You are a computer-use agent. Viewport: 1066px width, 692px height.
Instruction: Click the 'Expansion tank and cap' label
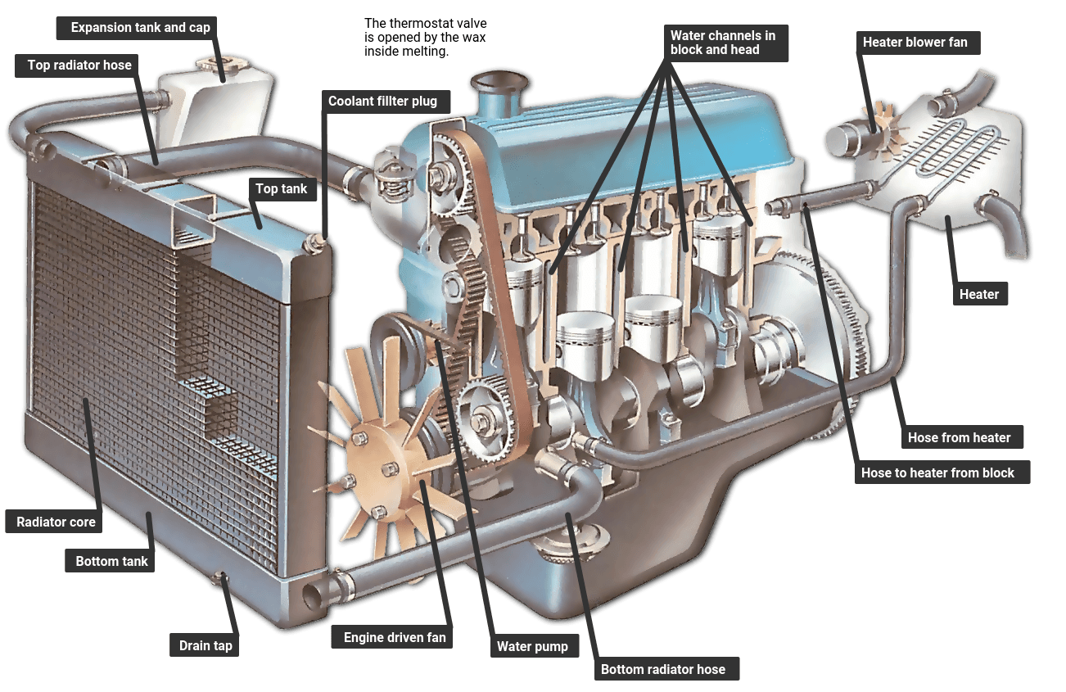(140, 28)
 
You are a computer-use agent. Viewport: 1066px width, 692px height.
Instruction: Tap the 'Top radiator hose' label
(79, 66)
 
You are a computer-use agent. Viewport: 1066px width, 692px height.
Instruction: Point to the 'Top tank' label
(282, 189)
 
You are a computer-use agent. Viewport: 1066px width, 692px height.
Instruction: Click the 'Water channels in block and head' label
(722, 43)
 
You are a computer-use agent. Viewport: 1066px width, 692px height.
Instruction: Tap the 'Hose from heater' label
(959, 437)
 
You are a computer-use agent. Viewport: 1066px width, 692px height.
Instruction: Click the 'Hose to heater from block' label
(937, 473)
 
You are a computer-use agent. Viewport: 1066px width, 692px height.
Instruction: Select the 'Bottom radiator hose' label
(662, 669)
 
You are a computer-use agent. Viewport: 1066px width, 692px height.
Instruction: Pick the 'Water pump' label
(532, 646)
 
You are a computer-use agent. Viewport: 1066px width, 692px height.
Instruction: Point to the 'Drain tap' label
(206, 645)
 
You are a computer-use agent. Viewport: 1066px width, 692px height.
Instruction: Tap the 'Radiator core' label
(56, 522)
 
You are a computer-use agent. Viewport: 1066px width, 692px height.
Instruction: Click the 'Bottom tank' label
(112, 561)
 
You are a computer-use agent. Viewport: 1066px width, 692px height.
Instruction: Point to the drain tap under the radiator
(220, 580)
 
